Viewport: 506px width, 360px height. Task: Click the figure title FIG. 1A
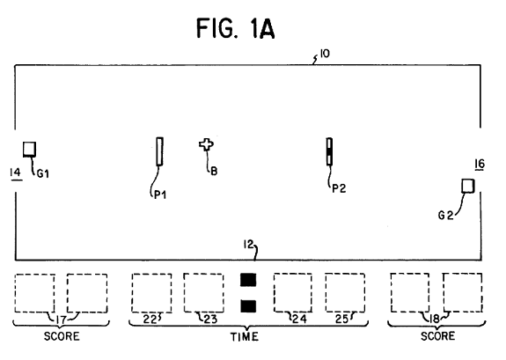point(236,28)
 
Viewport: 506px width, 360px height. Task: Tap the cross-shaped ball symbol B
point(206,145)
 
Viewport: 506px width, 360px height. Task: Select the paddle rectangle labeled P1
point(159,151)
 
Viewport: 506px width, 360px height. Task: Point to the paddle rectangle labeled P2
point(329,151)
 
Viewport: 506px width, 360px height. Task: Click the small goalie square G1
point(29,149)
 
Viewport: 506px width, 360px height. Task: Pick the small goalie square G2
point(468,187)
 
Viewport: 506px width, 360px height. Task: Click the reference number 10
point(325,54)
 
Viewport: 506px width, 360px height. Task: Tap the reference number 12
point(248,245)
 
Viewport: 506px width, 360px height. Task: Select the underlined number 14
point(16,173)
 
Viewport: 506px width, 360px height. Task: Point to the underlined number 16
point(480,164)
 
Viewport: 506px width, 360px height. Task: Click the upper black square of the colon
point(248,280)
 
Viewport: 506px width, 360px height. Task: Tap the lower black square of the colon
point(248,306)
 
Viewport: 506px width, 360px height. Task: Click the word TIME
point(245,337)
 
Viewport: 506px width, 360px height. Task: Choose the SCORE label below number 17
point(62,336)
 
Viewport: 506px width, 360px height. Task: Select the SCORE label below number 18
point(438,335)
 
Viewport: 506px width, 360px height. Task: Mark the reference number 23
point(210,319)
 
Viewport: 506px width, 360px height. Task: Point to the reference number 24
point(300,319)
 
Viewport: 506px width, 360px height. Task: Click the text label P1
point(160,195)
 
